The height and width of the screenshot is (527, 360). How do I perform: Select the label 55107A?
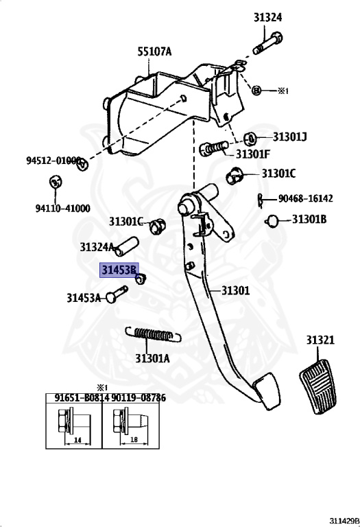[154, 51]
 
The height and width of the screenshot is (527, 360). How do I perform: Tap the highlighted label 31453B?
[119, 270]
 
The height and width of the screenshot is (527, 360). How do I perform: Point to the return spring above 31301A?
[155, 335]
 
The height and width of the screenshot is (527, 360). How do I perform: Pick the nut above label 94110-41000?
[54, 182]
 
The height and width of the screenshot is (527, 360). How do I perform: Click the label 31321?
[320, 340]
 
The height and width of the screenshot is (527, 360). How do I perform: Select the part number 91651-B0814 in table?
[73, 397]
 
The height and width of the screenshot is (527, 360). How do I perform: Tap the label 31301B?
[310, 220]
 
